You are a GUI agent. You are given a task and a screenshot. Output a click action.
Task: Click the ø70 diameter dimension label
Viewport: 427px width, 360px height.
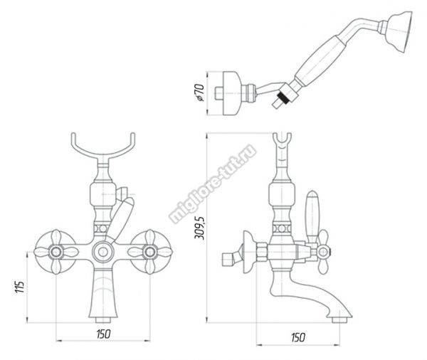199,92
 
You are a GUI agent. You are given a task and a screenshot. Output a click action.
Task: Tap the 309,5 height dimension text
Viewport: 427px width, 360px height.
199,228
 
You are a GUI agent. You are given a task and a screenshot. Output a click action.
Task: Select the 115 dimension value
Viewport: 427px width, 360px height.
20,287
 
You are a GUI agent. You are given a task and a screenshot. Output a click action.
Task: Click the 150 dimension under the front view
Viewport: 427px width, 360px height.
103,334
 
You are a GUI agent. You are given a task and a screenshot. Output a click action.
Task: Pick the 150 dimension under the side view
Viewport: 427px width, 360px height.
298,338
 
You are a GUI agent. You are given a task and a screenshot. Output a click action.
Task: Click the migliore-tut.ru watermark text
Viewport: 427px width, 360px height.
212,184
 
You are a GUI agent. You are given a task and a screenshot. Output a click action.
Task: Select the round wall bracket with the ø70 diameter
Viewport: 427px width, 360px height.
232,93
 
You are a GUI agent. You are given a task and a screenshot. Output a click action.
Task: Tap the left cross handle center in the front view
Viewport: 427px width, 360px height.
56,252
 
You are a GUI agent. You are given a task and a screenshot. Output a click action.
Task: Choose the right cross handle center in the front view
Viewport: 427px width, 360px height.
150,252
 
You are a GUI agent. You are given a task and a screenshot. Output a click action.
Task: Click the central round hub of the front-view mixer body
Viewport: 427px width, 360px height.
102,252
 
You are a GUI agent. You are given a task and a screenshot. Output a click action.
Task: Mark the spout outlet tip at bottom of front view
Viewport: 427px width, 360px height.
103,320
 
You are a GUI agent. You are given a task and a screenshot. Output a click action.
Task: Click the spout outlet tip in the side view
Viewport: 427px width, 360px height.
339,320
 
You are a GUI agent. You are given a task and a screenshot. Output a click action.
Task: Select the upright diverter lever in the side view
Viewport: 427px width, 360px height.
312,215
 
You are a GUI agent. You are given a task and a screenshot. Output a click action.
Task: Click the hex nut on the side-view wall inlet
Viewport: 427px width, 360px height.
262,252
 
